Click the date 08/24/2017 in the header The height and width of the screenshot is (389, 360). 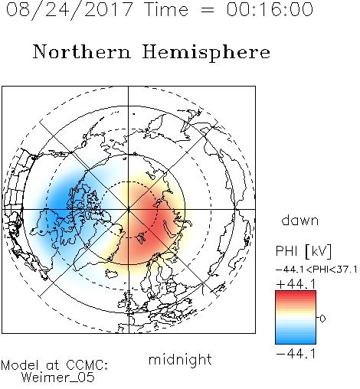[x=70, y=10]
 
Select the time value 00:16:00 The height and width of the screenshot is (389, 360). [x=270, y=9]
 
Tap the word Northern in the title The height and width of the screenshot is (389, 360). [x=82, y=51]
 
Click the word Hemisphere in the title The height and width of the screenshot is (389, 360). [x=206, y=52]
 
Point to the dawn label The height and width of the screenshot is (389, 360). [x=300, y=221]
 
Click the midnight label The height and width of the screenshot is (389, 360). [x=180, y=360]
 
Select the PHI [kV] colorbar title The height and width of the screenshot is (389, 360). [x=303, y=251]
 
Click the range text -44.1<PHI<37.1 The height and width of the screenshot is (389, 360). [x=316, y=270]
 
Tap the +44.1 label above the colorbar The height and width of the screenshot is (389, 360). [x=296, y=284]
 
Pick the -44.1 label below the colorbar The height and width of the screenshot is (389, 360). [x=296, y=354]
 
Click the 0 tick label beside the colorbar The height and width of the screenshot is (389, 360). [x=322, y=319]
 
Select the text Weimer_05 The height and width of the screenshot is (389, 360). [x=58, y=378]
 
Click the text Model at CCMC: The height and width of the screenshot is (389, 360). [x=54, y=365]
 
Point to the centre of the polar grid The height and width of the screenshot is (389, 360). [x=129, y=209]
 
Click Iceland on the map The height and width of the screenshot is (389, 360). [x=111, y=274]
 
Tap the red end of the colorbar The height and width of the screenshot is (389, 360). [x=296, y=293]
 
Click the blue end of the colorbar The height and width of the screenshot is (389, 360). [x=296, y=342]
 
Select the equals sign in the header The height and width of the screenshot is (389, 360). [x=207, y=10]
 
